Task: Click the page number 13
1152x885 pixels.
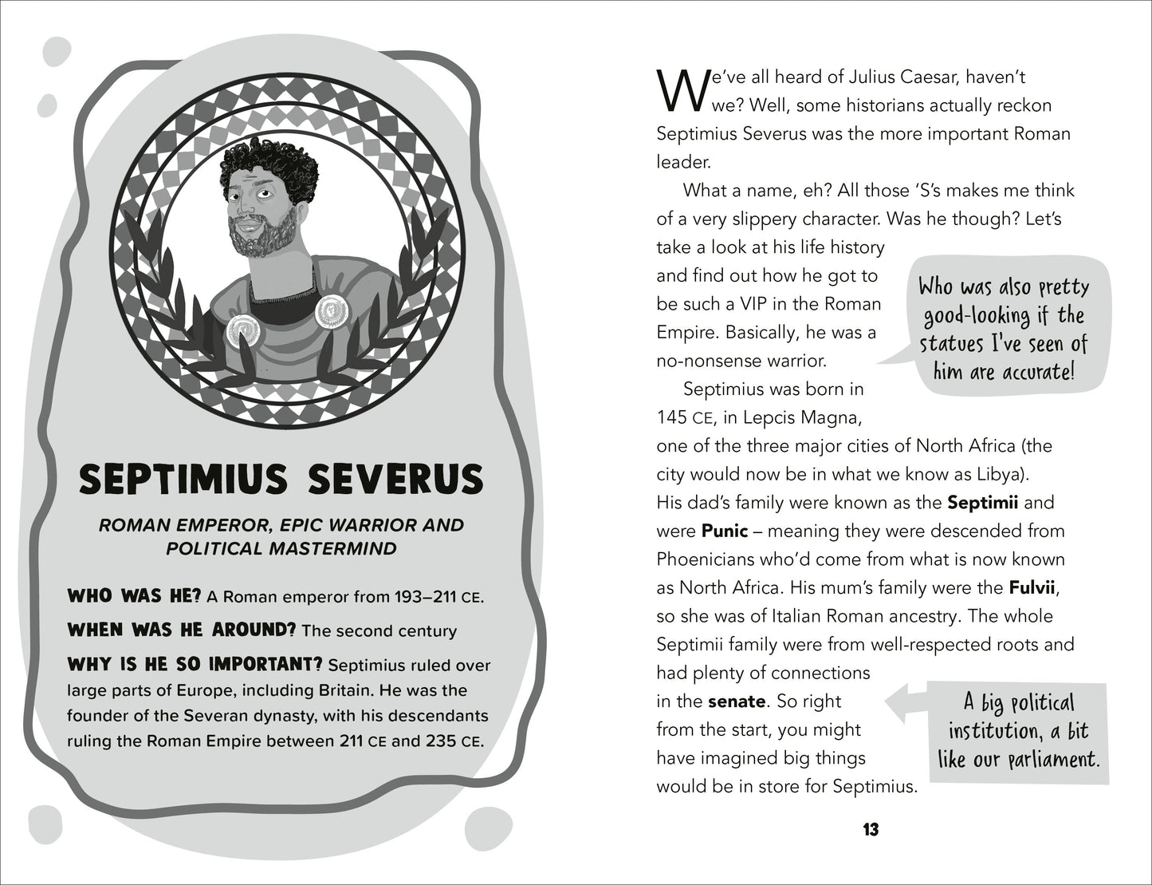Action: (870, 830)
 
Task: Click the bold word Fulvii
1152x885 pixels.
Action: (1032, 588)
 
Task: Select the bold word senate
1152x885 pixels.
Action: (737, 701)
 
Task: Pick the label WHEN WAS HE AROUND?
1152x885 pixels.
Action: (182, 630)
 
